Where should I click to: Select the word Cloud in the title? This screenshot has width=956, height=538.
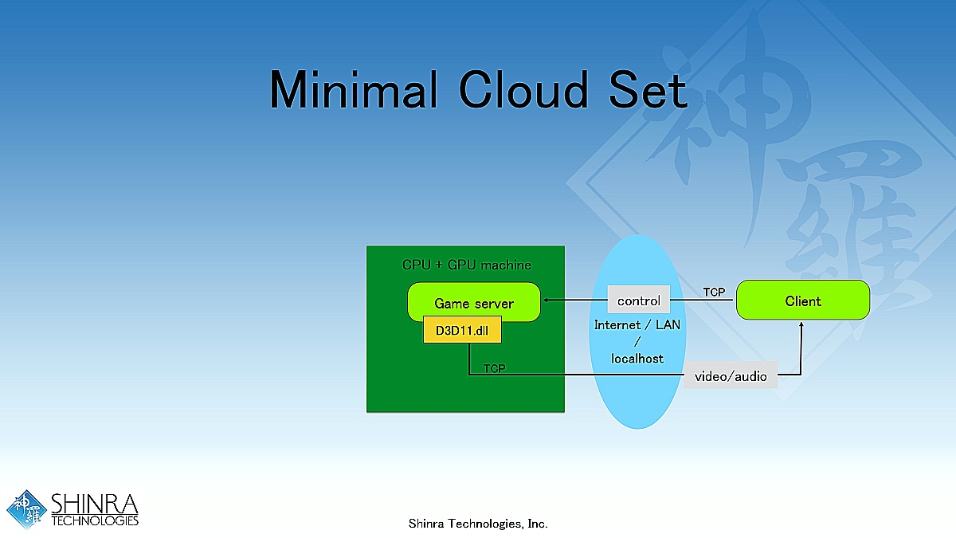coord(523,89)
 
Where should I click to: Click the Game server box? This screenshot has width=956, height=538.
coord(474,302)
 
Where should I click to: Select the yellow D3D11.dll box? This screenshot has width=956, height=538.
coord(462,331)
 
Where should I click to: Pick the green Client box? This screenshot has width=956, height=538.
coord(802,300)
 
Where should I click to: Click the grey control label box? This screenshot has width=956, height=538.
coord(639,300)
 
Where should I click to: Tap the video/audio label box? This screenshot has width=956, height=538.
coord(731,375)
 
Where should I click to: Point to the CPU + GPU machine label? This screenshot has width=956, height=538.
coord(466,265)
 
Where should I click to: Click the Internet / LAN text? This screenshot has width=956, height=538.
coord(637,325)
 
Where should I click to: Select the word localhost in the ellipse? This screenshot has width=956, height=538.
coord(637,359)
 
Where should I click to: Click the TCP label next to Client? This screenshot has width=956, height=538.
coord(714,293)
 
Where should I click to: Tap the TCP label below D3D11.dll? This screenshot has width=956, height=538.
coord(494,368)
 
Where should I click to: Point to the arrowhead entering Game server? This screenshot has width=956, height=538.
coord(545,300)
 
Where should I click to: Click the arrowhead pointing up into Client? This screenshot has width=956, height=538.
coord(800,324)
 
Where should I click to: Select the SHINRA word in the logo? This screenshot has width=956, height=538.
coord(94,504)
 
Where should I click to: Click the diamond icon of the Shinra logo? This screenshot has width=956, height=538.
coord(27,511)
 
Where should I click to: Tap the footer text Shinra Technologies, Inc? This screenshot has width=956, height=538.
coord(478,524)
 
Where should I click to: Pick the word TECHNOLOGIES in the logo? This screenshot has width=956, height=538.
coord(95,520)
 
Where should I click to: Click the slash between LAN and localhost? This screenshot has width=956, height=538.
coord(637,342)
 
